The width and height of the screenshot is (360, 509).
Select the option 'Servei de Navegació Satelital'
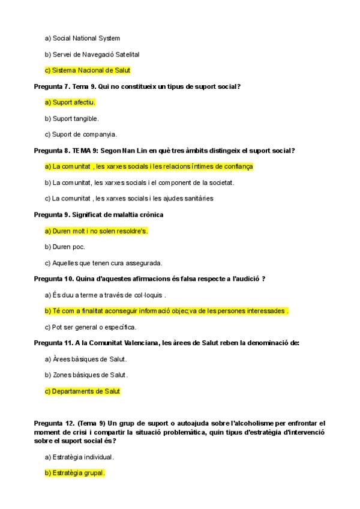(x=92, y=54)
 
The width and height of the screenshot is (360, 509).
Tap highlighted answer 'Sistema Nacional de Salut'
(x=88, y=70)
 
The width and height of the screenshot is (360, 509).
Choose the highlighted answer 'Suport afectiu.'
(x=70, y=102)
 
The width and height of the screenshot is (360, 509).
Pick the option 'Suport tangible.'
(x=71, y=118)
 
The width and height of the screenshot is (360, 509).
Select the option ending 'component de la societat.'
(x=139, y=182)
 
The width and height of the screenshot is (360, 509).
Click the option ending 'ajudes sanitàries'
(x=129, y=198)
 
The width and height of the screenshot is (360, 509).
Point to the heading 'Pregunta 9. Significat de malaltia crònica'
(x=98, y=214)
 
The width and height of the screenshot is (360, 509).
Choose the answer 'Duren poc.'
(x=65, y=247)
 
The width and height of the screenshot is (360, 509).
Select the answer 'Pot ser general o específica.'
(x=91, y=327)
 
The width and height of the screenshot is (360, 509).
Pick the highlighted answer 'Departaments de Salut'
(x=83, y=391)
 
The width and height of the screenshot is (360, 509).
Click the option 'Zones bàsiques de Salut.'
(x=86, y=375)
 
